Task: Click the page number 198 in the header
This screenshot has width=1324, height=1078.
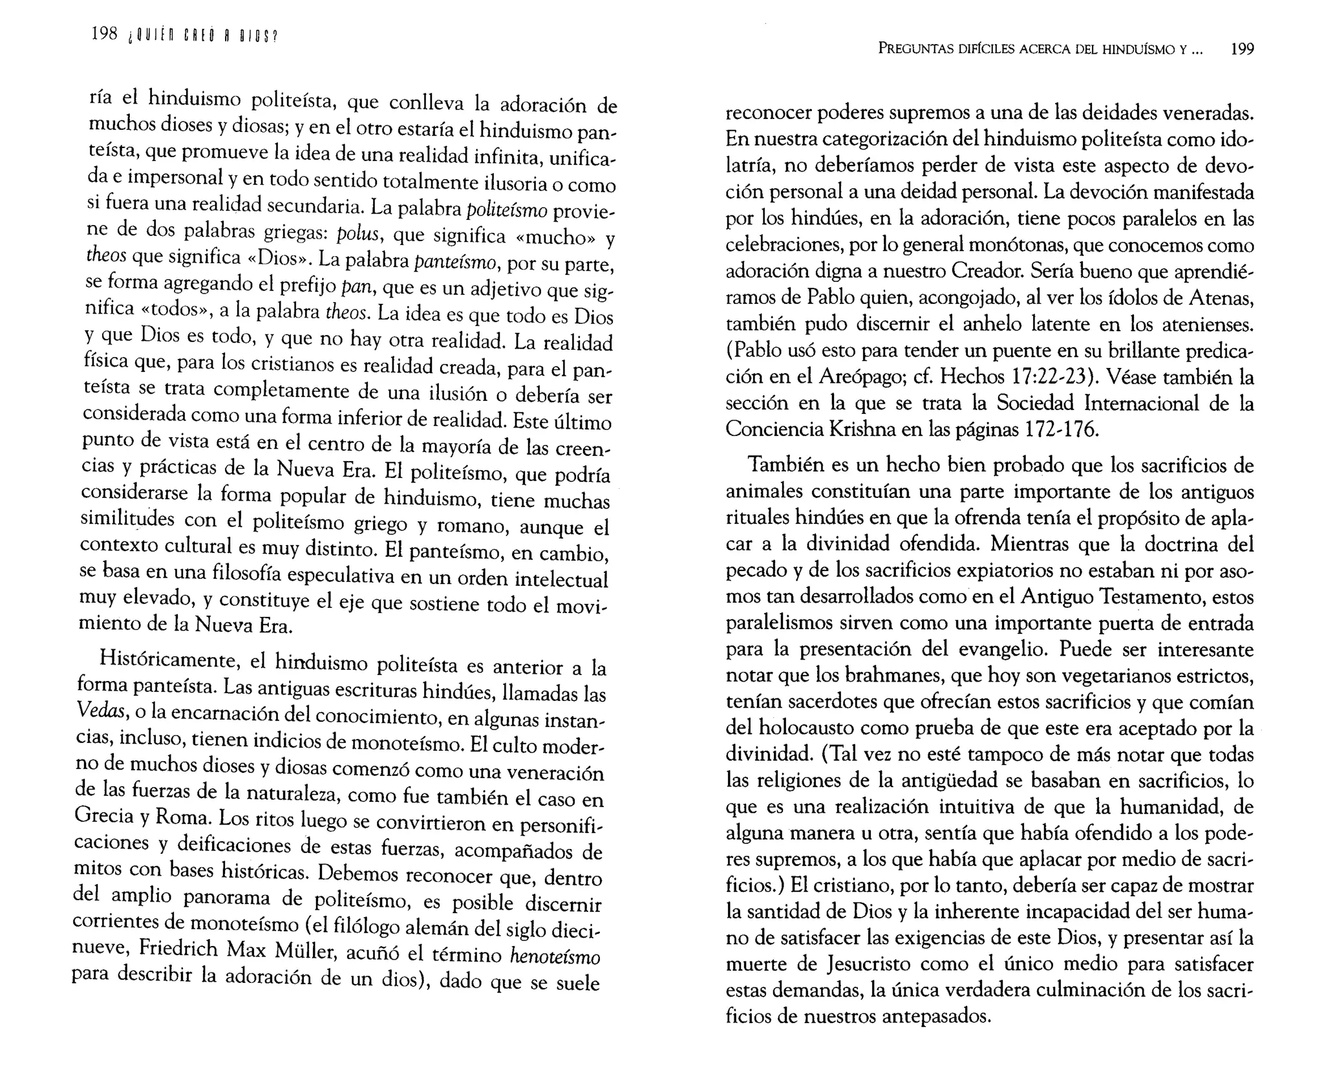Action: pos(104,34)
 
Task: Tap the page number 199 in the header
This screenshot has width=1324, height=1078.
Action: pos(1241,49)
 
